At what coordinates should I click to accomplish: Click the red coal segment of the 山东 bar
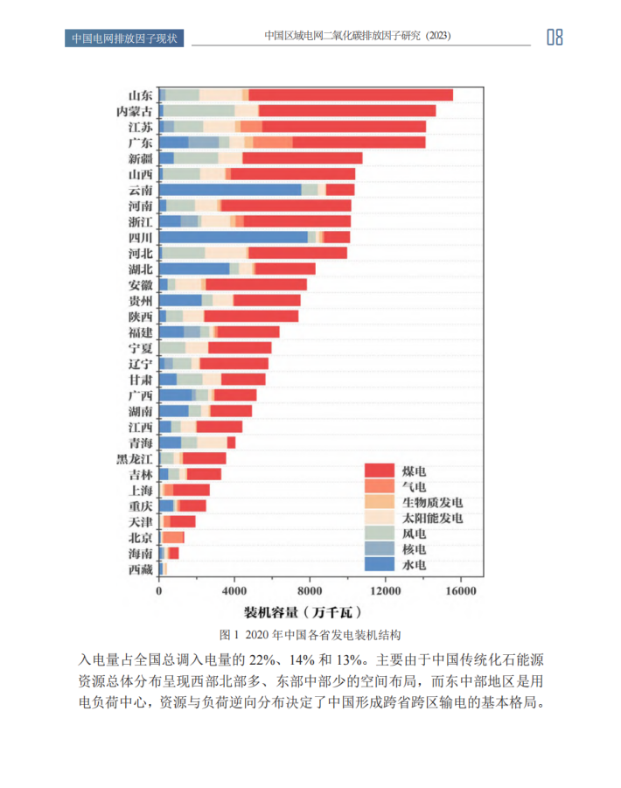tap(350, 94)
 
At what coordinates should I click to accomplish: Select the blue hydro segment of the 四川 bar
tap(233, 237)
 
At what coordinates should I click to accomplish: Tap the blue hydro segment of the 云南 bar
tap(229, 190)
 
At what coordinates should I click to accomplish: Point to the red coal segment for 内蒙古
tap(346, 111)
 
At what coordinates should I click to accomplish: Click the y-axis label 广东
tap(141, 143)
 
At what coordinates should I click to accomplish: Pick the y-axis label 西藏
tap(141, 569)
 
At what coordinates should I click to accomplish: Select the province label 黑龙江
tap(135, 458)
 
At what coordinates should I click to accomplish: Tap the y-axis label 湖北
tap(141, 268)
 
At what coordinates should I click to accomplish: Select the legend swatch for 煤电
tap(379, 471)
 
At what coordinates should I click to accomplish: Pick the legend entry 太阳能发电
tap(431, 518)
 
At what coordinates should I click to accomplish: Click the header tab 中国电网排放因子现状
tap(124, 38)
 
